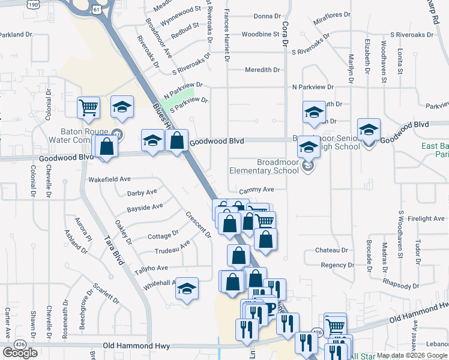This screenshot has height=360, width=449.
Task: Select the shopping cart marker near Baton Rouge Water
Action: [x=88, y=108]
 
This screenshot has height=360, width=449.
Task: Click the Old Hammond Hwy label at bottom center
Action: [x=136, y=346]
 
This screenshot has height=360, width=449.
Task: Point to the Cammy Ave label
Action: [x=256, y=190]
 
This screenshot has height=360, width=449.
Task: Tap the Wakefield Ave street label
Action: [x=109, y=179]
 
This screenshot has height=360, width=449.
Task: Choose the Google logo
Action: [x=20, y=353]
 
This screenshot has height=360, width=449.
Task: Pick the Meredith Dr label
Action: [x=262, y=70]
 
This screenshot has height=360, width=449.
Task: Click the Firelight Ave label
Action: [x=425, y=218]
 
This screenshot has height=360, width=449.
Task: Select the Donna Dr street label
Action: [x=267, y=16]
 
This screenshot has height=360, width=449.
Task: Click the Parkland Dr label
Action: [x=16, y=35]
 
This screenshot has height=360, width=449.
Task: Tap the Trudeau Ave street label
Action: [x=172, y=248]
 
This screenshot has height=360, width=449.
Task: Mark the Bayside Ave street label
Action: [x=145, y=207]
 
